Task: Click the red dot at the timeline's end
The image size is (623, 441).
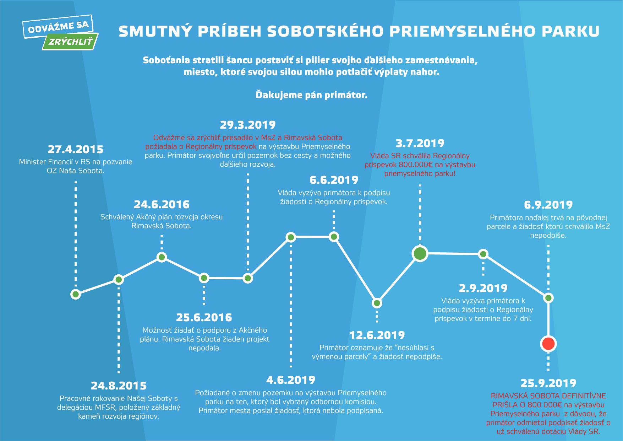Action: (548, 344)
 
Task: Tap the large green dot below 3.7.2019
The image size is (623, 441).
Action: (420, 253)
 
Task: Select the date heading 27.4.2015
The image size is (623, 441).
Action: (75, 149)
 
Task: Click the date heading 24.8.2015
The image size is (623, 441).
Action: (119, 386)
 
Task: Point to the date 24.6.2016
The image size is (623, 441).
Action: (162, 204)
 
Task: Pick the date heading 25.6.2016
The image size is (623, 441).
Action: (204, 317)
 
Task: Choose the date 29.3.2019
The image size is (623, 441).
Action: (247, 125)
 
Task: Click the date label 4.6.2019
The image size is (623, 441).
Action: (291, 380)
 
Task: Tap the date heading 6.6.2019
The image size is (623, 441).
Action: (334, 180)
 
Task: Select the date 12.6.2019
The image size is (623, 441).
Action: (377, 335)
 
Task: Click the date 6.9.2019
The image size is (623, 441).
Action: (548, 205)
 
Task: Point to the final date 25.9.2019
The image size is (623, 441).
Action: (548, 383)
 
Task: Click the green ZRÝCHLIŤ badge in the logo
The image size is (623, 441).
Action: (71, 42)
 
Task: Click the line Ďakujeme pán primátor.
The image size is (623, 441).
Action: (311, 95)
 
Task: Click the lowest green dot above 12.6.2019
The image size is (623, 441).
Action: (377, 303)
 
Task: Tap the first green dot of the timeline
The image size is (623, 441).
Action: (75, 294)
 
